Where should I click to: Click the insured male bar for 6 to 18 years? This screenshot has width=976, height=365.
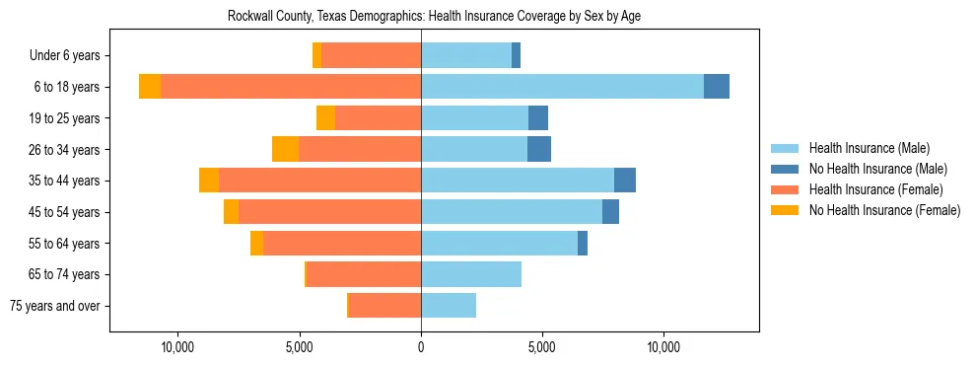pos(562,87)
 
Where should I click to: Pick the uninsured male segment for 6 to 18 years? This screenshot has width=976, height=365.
pos(717,87)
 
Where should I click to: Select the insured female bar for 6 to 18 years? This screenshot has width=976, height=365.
pos(291,87)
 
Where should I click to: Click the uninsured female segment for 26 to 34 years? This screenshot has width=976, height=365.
pos(285,149)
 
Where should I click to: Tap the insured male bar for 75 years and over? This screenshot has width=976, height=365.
pos(449,306)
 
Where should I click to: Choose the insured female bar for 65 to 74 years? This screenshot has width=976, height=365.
pos(364,274)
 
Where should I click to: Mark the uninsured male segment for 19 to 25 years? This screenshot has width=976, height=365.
pos(538,118)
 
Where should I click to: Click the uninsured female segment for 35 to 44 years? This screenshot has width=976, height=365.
pos(209,181)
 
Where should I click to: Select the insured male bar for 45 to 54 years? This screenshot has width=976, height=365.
pos(512,212)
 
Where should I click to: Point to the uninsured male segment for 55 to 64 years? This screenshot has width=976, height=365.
pos(583,243)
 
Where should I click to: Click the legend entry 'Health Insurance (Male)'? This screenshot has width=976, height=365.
pos(869,148)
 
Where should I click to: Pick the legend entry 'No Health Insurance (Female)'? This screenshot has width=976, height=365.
pos(884,210)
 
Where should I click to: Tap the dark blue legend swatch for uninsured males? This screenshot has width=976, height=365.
pos(786,169)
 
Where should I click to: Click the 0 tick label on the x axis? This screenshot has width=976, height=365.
pos(421,347)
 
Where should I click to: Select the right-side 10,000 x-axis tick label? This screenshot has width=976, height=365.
pos(663,347)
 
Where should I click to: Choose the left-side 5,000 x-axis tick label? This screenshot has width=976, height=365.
pos(300,347)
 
